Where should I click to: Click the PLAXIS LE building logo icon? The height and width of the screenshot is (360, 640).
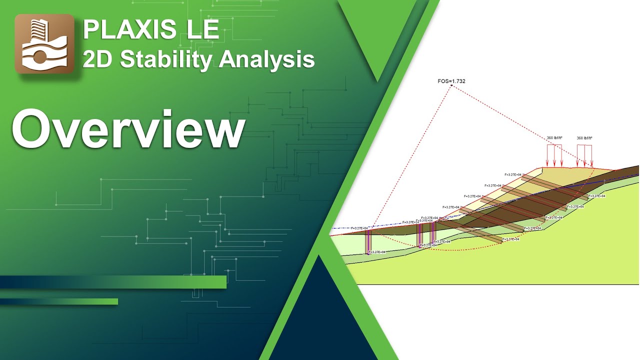pyautogui.click(x=44, y=44)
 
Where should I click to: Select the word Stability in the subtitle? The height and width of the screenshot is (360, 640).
pyautogui.click(x=167, y=59)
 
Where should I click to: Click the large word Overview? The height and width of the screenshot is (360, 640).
pyautogui.click(x=128, y=129)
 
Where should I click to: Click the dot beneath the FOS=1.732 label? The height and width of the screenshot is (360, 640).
pyautogui.click(x=451, y=86)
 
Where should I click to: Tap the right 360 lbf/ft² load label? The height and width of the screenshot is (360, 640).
pyautogui.click(x=584, y=138)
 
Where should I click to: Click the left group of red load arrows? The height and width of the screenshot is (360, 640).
pyautogui.click(x=554, y=155)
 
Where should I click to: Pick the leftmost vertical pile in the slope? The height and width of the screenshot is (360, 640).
pyautogui.click(x=368, y=242)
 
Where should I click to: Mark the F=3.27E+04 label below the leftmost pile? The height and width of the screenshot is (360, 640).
pyautogui.click(x=377, y=252)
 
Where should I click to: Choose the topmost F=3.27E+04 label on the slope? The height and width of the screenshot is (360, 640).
pyautogui.click(x=512, y=174)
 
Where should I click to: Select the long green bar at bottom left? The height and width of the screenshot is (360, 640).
pyautogui.click(x=113, y=282)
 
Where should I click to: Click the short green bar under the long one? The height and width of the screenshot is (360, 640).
pyautogui.click(x=59, y=301)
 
